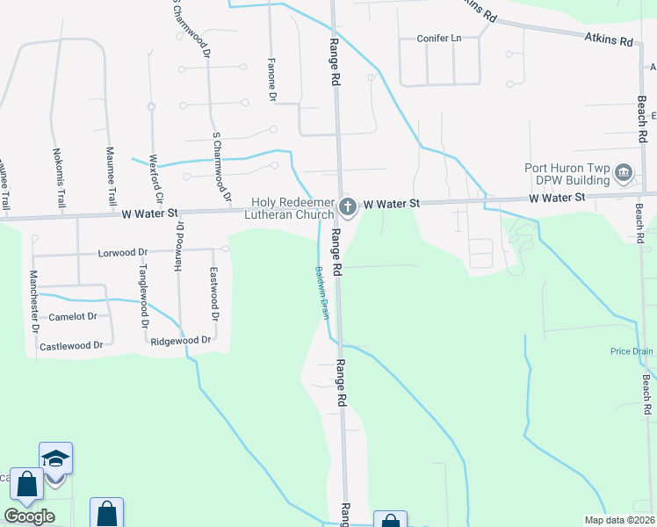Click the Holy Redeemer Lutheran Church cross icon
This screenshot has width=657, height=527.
[347, 208]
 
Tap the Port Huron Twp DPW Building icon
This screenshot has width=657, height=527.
[625, 172]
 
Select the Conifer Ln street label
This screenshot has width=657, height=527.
[439, 39]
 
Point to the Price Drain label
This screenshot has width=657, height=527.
[632, 351]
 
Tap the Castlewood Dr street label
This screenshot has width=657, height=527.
[71, 346]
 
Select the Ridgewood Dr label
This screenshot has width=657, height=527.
[181, 340]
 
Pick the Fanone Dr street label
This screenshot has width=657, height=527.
[271, 84]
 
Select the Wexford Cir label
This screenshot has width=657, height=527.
[154, 179]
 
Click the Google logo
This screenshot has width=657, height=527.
[29, 516]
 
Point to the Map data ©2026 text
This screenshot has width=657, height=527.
[619, 520]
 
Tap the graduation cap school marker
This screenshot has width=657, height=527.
[54, 458]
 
